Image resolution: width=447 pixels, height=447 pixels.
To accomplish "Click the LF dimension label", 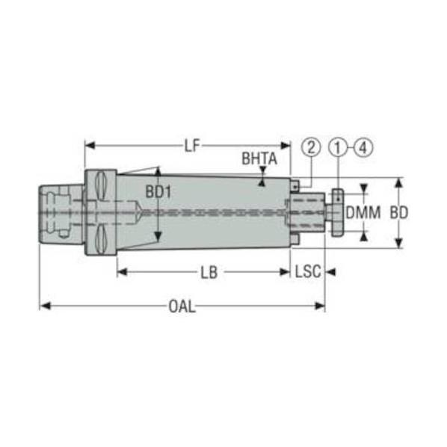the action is [x=192, y=146].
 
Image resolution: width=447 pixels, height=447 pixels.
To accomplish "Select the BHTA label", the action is [x=259, y=158].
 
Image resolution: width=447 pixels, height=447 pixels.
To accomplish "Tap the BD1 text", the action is [x=158, y=192].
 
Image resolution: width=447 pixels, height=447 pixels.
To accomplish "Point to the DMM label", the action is [x=363, y=212].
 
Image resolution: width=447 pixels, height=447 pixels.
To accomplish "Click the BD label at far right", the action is [x=399, y=213].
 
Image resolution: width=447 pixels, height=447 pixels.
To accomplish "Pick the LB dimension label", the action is [x=209, y=273].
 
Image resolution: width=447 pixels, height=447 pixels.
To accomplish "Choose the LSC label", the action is [x=308, y=271].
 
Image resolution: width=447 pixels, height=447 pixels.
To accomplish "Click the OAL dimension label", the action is [x=182, y=306].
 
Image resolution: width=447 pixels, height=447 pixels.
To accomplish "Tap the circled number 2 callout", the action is [x=311, y=147].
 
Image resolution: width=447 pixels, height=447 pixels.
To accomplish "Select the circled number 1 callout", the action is [x=338, y=147].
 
